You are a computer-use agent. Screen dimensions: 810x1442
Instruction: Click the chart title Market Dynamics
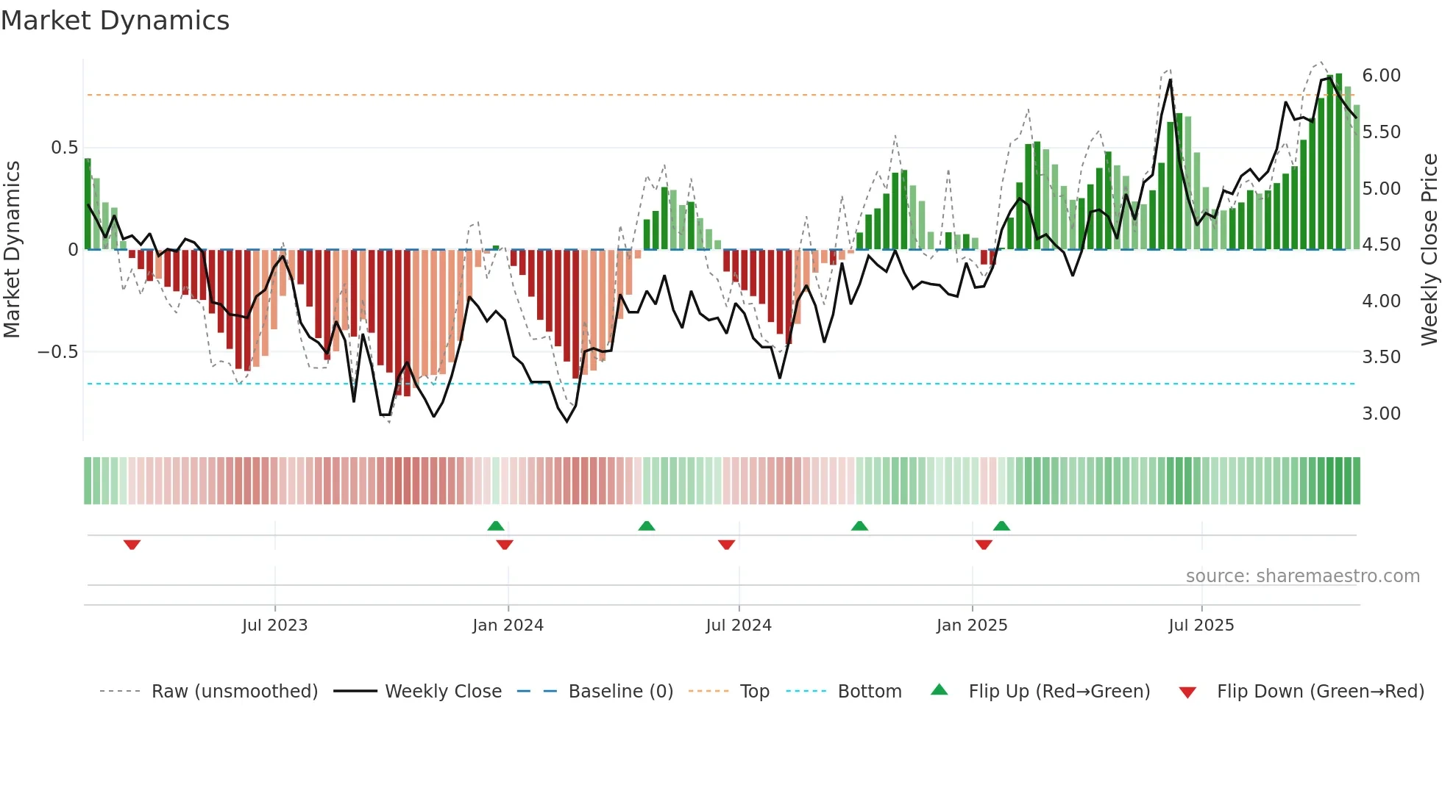(116, 21)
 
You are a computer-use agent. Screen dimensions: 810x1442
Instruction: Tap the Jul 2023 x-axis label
(274, 626)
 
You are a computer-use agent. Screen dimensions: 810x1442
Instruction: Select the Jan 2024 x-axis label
(508, 626)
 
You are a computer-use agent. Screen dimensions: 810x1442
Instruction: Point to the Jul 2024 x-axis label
(739, 626)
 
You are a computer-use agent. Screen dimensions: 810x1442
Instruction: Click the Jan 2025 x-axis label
(972, 626)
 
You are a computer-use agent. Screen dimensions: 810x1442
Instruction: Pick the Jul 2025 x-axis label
(1201, 626)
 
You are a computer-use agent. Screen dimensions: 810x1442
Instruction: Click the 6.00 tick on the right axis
(1381, 76)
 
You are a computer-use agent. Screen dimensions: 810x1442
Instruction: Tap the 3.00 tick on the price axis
(1381, 414)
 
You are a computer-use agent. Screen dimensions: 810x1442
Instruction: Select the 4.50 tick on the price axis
(1381, 245)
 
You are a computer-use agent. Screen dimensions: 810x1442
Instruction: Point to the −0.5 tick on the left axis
(58, 352)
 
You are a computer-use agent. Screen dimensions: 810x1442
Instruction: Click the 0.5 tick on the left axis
(64, 148)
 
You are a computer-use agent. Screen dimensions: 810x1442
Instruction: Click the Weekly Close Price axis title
(1429, 249)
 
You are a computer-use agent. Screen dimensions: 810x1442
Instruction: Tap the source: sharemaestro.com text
(1302, 576)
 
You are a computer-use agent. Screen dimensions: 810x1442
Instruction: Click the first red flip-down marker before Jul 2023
(132, 545)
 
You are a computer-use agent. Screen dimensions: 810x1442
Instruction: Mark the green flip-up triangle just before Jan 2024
(496, 526)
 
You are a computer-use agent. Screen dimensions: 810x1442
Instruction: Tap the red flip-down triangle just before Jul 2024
(726, 545)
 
